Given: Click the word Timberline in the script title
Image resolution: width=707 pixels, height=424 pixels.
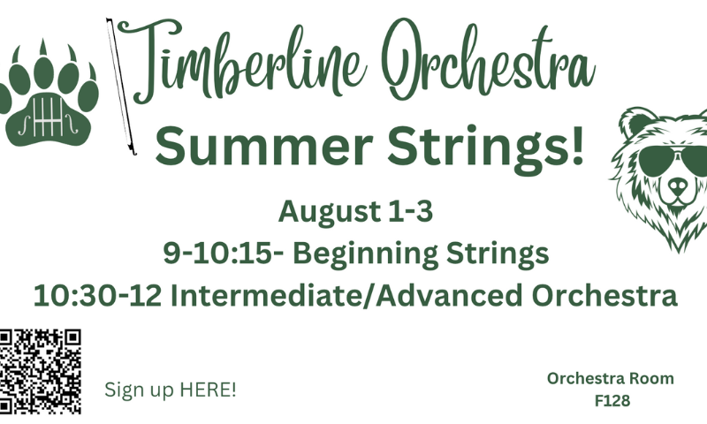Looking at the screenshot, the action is point(239,61).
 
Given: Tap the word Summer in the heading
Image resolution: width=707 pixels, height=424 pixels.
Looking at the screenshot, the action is point(263,146).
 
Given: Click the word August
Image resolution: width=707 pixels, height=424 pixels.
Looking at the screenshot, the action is point(330,213).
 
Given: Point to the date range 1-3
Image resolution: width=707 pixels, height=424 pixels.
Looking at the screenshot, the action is point(410,211).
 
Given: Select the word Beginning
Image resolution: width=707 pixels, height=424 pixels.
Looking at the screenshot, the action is point(365,254).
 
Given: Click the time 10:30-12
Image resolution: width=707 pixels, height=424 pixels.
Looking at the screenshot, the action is point(97,296).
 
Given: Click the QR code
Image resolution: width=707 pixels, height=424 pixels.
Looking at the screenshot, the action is point(40,371).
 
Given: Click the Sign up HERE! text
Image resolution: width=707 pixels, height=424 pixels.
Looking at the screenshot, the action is point(171,390).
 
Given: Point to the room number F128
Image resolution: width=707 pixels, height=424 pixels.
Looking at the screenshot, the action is point(612,400).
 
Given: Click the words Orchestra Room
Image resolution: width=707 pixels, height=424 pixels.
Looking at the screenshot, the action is point(611,378).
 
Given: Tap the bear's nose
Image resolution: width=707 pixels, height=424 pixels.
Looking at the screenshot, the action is point(678,185).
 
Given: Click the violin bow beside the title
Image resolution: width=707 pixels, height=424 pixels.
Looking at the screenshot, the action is point(121,87).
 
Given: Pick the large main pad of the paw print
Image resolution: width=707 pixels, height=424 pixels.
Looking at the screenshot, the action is point(49,119).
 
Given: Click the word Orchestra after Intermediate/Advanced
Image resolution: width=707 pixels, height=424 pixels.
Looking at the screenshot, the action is point(604,296).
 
